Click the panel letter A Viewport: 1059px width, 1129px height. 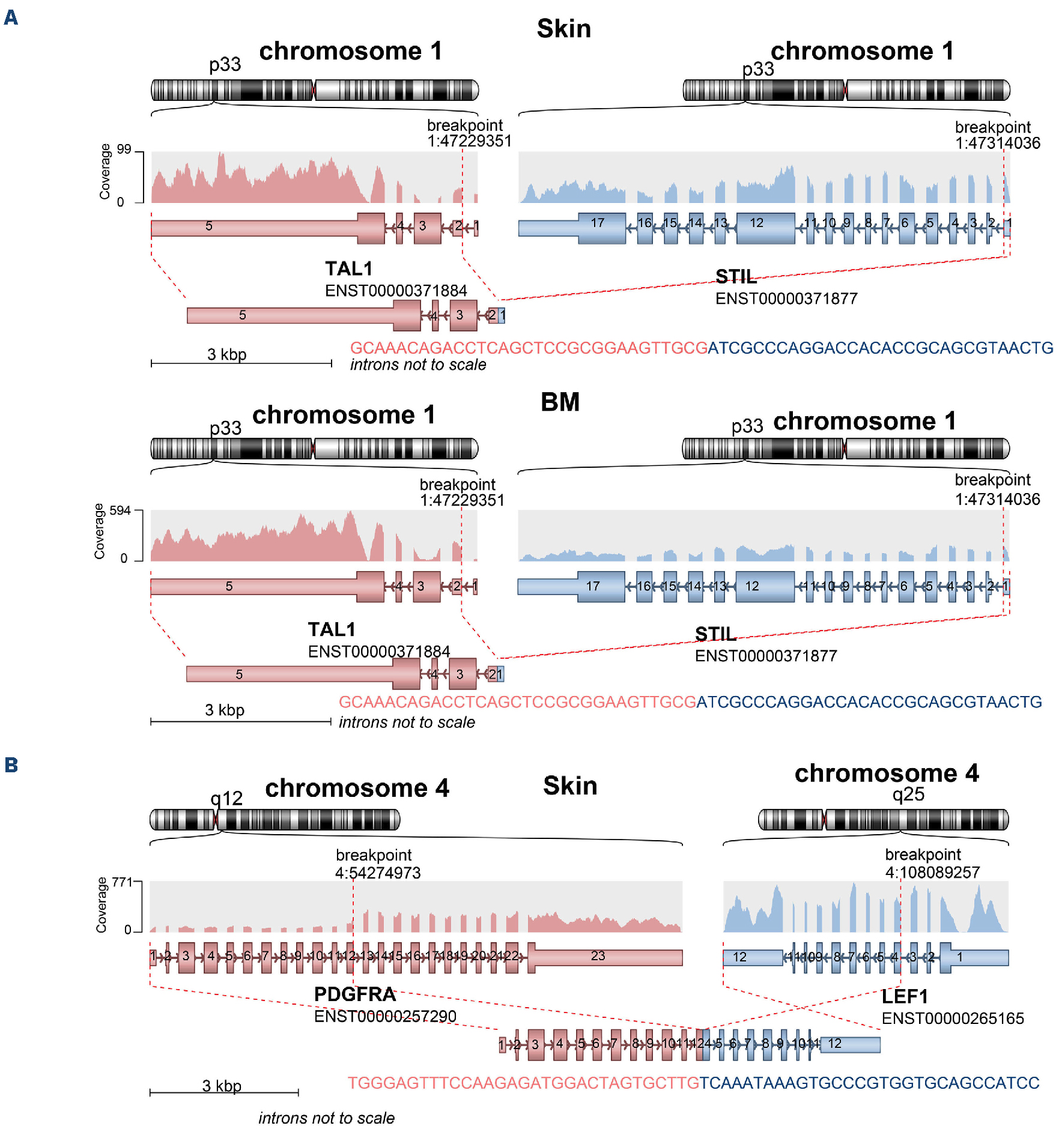click(11, 18)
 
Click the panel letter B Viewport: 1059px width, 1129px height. click(11, 765)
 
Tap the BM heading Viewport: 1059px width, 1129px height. click(560, 402)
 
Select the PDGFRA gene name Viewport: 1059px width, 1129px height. click(354, 994)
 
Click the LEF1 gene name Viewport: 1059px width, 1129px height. click(904, 997)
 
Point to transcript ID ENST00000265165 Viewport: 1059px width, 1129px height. click(952, 1019)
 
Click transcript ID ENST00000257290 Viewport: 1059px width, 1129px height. click(385, 1016)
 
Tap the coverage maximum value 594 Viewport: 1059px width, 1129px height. click(120, 510)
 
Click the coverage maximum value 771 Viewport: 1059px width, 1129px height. click(122, 882)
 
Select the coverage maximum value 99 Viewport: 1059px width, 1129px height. click(124, 149)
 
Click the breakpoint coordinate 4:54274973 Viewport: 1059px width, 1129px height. click(378, 873)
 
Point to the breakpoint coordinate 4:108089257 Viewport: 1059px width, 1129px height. click(932, 872)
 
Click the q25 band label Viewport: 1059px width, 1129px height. click(908, 795)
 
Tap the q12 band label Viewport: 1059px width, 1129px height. click(226, 798)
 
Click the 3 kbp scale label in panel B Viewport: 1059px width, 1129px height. click(222, 1086)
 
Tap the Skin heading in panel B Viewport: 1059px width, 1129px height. click(570, 786)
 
